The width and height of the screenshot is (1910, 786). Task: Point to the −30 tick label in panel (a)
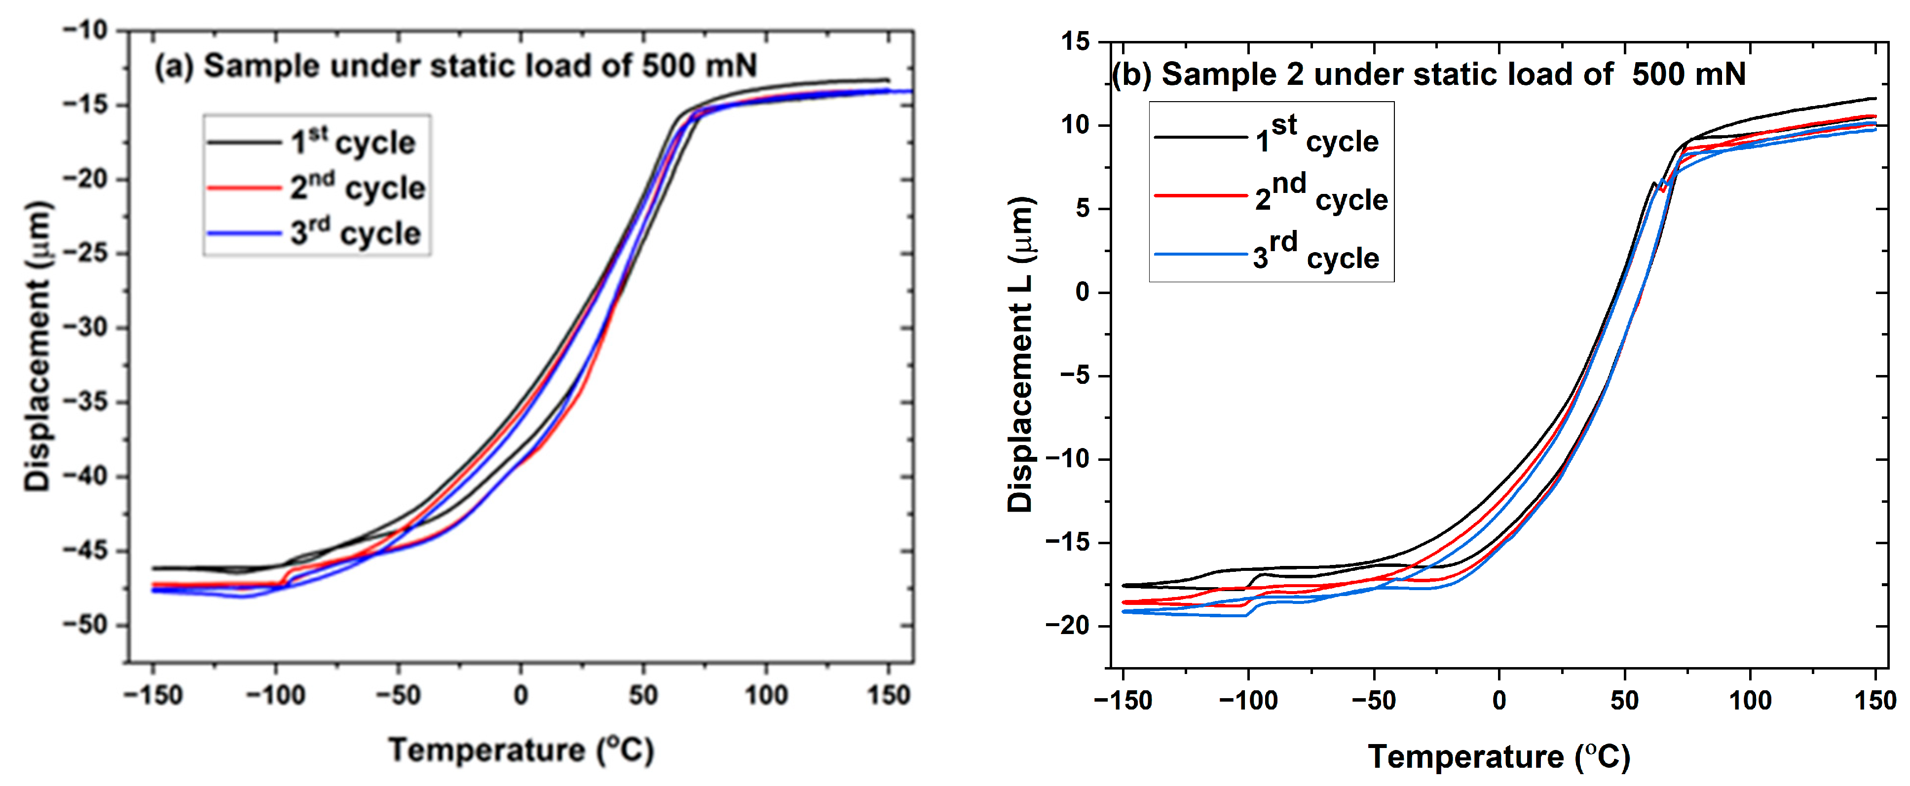[x=86, y=327]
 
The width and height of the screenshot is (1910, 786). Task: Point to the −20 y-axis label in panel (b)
[x=1068, y=625]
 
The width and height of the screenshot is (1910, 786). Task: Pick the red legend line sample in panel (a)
[x=243, y=187]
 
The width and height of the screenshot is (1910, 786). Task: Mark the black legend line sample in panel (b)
[x=1199, y=137]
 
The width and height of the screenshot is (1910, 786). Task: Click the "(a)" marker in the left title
[x=174, y=66]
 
